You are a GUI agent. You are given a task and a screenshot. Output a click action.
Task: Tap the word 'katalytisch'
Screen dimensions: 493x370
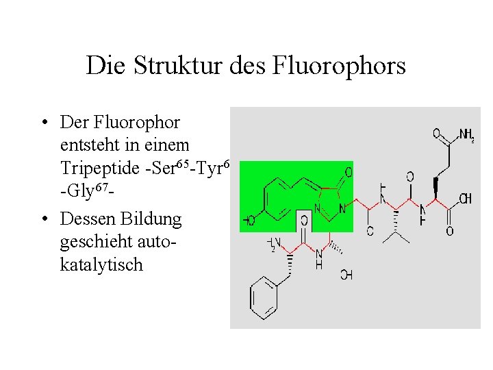[101, 264]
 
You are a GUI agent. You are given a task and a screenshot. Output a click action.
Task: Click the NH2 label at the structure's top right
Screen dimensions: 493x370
[466, 135]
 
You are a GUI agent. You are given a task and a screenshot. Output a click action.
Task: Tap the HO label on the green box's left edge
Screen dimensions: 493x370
[249, 221]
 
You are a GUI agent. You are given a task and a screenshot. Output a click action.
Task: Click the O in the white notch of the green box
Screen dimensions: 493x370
[304, 221]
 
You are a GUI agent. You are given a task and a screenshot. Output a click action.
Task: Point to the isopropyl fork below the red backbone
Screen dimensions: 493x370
[396, 233]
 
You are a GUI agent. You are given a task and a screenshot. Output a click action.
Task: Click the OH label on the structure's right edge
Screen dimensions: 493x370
[466, 199]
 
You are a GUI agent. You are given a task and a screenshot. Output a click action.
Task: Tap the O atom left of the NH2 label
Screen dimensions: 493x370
[437, 134]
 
